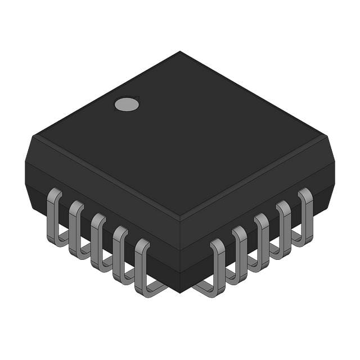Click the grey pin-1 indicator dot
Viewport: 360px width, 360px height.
pyautogui.click(x=127, y=103)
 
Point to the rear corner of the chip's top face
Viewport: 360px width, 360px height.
pyautogui.click(x=180, y=52)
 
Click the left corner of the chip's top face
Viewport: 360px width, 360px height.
pyautogui.click(x=35, y=135)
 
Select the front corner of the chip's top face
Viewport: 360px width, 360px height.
pyautogui.click(x=180, y=218)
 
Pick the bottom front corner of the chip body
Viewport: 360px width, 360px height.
pyautogui.click(x=180, y=292)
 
